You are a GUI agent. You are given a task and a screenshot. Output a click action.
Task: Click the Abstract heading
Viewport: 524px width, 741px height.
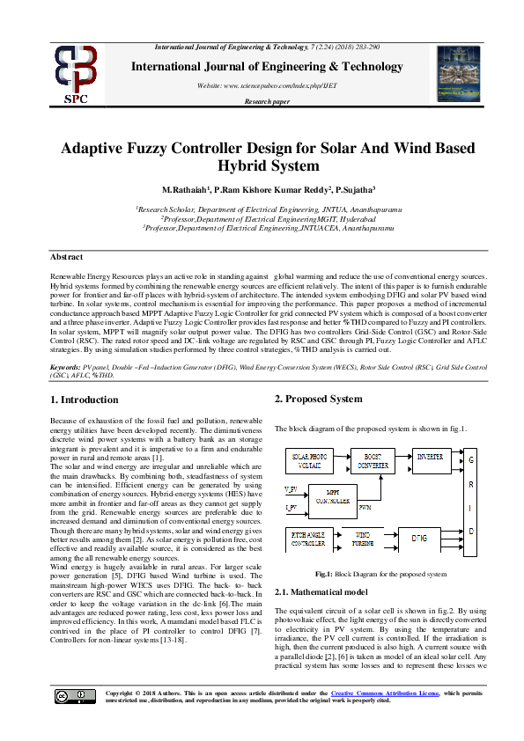[66, 256]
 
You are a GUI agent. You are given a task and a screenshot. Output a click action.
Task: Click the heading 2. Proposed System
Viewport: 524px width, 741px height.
[318, 400]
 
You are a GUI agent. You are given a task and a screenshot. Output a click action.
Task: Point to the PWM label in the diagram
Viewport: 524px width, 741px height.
[365, 508]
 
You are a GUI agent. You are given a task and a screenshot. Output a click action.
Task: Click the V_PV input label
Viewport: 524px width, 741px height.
[291, 488]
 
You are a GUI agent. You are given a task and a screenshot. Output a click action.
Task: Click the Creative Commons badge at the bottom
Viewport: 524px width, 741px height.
[63, 696]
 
